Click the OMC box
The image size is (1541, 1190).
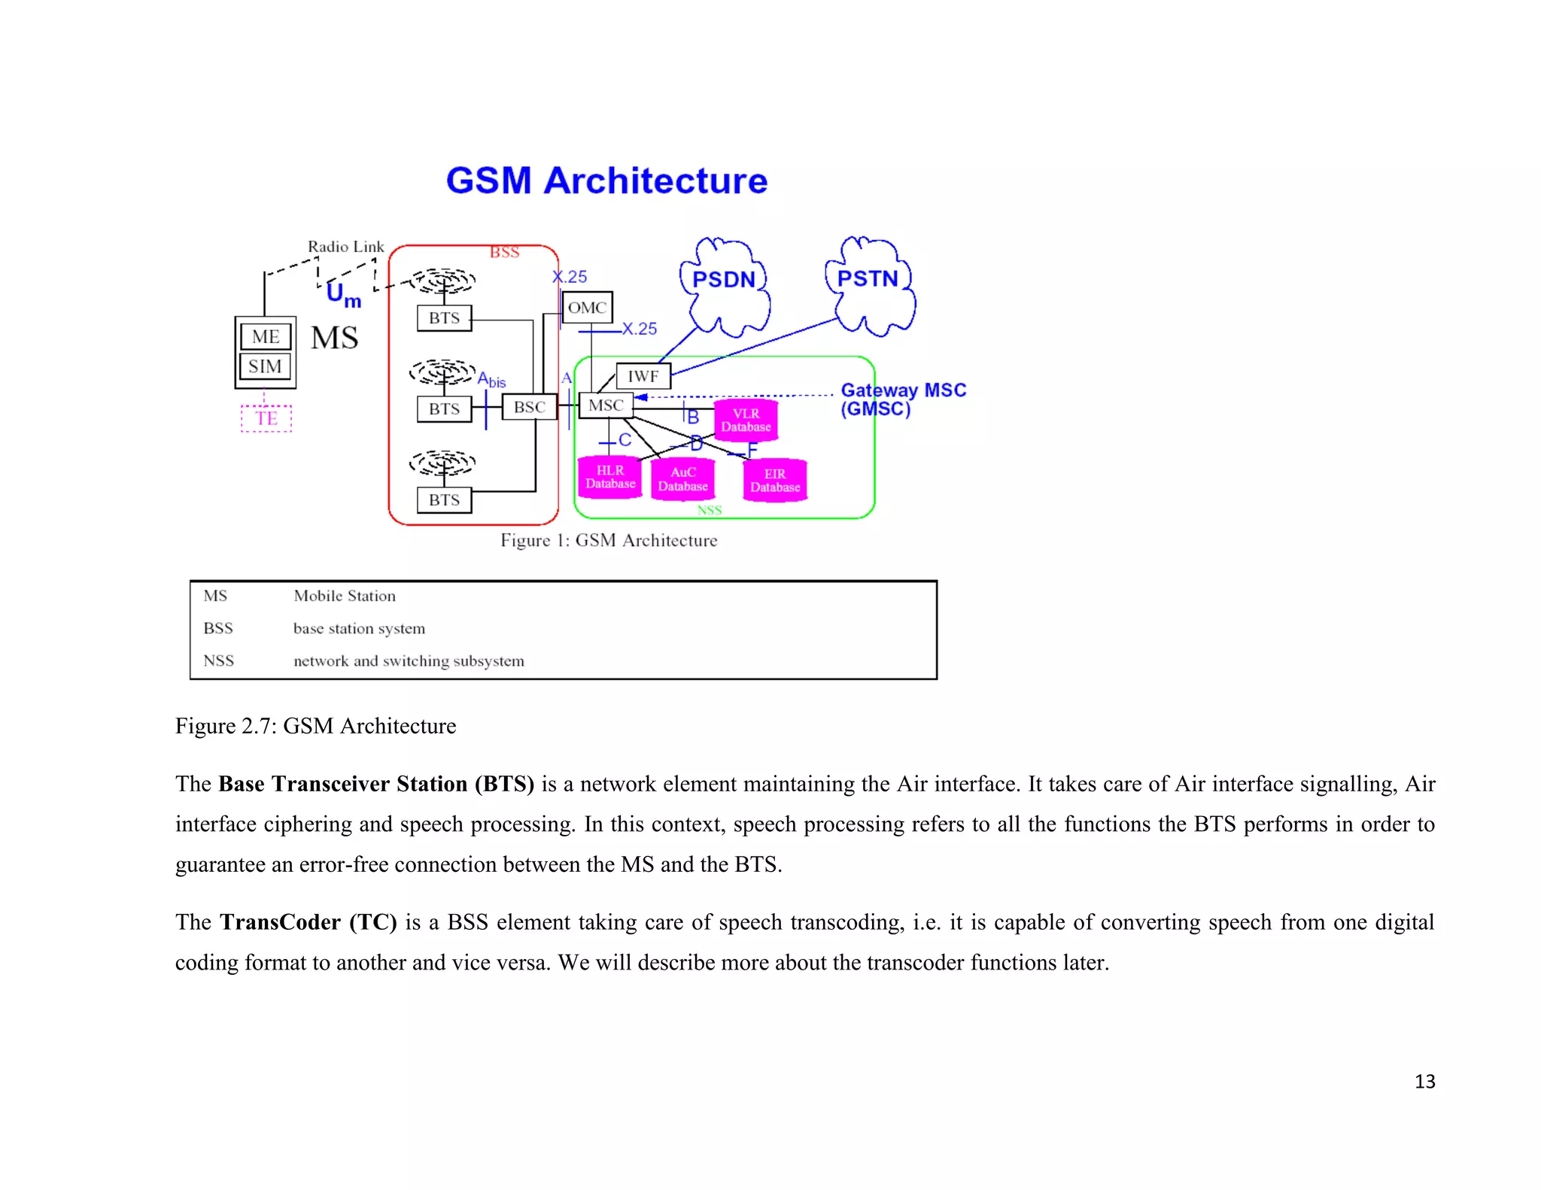[587, 308]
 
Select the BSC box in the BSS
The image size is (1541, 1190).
[530, 407]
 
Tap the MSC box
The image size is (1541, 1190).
[606, 405]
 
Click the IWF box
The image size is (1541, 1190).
[643, 376]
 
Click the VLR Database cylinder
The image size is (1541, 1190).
[746, 420]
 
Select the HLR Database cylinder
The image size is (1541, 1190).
[610, 477]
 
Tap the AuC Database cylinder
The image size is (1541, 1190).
[682, 479]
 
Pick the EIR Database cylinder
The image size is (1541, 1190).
[775, 480]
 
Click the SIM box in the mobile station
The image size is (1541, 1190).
[265, 366]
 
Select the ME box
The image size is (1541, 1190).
[266, 336]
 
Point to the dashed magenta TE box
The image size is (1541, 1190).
[266, 418]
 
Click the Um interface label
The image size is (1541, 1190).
[343, 294]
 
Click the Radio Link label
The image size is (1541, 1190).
[345, 247]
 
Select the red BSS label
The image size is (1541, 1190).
[504, 253]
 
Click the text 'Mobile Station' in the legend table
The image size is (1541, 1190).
[344, 596]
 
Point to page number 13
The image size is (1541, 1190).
[1424, 1082]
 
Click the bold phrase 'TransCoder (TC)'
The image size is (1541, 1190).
[308, 922]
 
